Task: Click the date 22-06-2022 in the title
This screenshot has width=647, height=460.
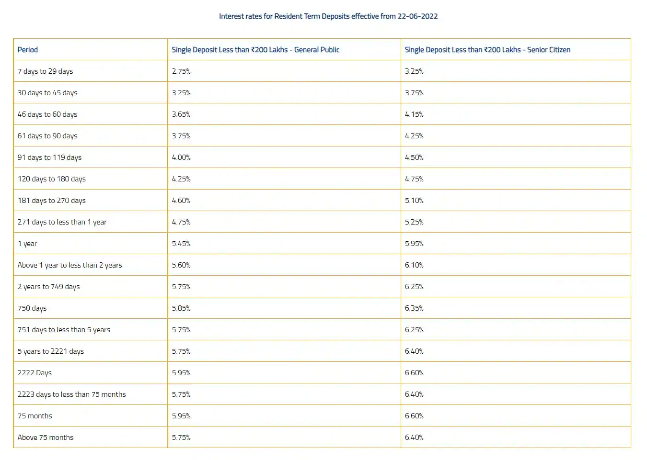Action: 417,16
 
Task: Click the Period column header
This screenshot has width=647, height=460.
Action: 28,50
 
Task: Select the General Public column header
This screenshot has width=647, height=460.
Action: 255,50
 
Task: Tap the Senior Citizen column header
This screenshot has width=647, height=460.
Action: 487,50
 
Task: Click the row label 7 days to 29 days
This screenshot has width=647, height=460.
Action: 46,71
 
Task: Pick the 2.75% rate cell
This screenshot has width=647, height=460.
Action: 181,71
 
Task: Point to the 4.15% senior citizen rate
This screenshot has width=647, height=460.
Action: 414,114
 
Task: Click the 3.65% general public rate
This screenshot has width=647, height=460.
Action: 181,114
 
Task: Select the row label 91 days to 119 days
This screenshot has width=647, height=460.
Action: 50,157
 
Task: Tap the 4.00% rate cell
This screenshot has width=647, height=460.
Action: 181,157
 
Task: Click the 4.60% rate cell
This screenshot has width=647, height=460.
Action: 181,201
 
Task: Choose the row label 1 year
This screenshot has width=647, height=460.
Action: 27,244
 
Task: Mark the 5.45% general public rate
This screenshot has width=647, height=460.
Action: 181,244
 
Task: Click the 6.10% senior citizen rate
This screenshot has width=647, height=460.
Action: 414,265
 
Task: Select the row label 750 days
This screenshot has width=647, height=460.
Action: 32,308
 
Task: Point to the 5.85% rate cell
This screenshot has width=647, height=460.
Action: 181,308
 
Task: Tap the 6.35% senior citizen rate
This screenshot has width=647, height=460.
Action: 414,308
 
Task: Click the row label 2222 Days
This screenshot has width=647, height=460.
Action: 35,373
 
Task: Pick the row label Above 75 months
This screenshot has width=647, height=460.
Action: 46,438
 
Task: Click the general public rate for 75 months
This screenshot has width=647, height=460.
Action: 181,416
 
